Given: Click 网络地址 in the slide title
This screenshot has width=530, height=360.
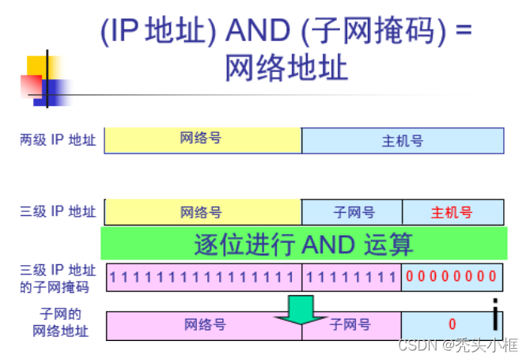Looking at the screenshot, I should (x=286, y=68).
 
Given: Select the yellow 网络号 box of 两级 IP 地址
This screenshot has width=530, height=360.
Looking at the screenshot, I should (x=203, y=139).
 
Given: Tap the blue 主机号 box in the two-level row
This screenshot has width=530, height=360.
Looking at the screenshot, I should (x=403, y=140).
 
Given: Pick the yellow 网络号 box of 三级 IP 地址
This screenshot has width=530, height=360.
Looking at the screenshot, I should (x=203, y=212).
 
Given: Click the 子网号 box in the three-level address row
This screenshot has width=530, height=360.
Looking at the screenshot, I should (x=353, y=212).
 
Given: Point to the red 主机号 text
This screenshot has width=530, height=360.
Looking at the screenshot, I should (x=452, y=212).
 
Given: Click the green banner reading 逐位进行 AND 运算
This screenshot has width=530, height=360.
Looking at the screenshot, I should (x=303, y=244).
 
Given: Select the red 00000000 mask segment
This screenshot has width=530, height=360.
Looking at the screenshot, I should (x=452, y=276).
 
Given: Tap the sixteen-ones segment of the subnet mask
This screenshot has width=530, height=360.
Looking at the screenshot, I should (x=203, y=276).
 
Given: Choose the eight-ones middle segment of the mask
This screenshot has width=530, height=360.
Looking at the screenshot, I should (x=352, y=276).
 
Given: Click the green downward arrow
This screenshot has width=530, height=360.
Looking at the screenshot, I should (x=301, y=311).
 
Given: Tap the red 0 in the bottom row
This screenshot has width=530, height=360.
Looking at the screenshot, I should (x=452, y=324).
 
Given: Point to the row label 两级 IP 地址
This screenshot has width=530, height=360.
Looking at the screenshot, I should (x=58, y=140).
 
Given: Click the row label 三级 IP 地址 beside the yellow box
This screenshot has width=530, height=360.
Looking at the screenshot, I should (x=58, y=212).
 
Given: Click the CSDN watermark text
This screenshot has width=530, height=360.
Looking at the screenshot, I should (x=458, y=346).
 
